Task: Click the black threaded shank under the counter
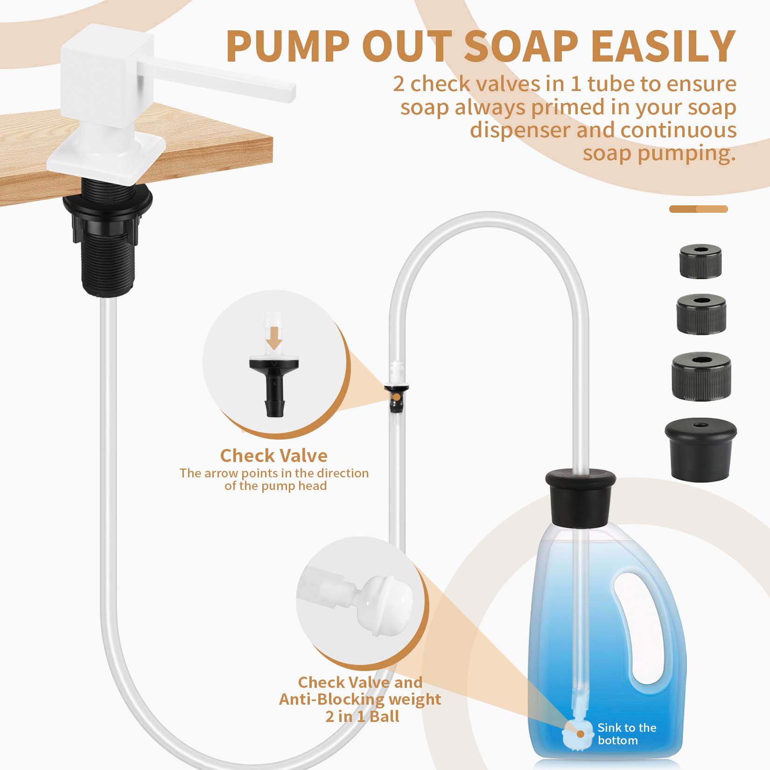tap(107, 261)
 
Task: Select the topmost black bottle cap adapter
tap(700, 261)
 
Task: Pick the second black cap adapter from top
tap(701, 314)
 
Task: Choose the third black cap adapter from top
tap(701, 376)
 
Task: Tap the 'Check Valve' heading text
tap(273, 455)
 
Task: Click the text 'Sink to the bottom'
tap(626, 734)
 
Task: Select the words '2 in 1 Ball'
tap(362, 716)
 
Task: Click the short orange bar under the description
tap(698, 209)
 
